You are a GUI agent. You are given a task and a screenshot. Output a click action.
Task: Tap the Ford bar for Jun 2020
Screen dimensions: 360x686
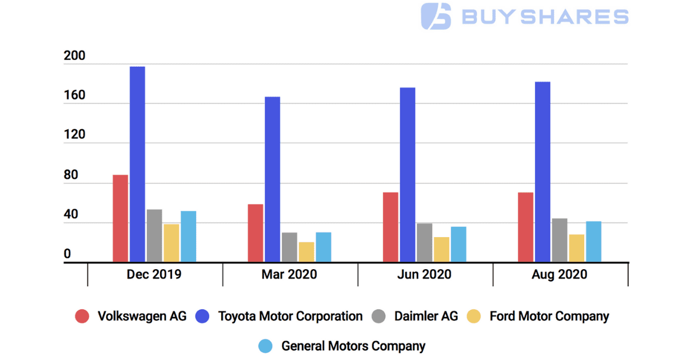(441, 250)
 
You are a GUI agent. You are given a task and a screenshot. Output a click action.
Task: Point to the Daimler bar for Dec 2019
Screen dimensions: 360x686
(154, 236)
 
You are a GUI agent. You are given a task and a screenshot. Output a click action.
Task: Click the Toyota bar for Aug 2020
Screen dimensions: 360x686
(543, 172)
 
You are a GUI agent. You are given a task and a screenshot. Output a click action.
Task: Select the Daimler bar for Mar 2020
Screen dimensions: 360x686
(289, 247)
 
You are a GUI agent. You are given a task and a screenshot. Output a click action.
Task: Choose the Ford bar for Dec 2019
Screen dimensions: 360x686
(171, 243)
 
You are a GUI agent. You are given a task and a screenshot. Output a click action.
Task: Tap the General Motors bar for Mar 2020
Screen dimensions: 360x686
(324, 247)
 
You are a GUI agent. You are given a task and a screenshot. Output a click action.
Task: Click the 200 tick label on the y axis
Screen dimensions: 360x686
(74, 57)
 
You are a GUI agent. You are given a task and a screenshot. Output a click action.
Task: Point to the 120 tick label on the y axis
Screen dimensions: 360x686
(74, 135)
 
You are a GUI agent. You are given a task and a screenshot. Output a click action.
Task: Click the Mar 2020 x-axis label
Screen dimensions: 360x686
(289, 275)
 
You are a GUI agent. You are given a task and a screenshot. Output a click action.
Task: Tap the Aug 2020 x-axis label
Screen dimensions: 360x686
(559, 275)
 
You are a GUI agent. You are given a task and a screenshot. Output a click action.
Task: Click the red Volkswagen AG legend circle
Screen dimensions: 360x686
(83, 317)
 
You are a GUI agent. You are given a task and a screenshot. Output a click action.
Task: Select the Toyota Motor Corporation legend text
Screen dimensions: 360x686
(290, 317)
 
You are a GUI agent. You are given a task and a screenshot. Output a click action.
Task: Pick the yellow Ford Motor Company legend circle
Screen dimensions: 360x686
(474, 317)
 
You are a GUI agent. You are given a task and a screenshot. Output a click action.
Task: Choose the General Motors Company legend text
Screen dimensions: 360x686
(353, 346)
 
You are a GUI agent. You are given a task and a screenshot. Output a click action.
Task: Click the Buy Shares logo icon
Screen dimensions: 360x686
(436, 16)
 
